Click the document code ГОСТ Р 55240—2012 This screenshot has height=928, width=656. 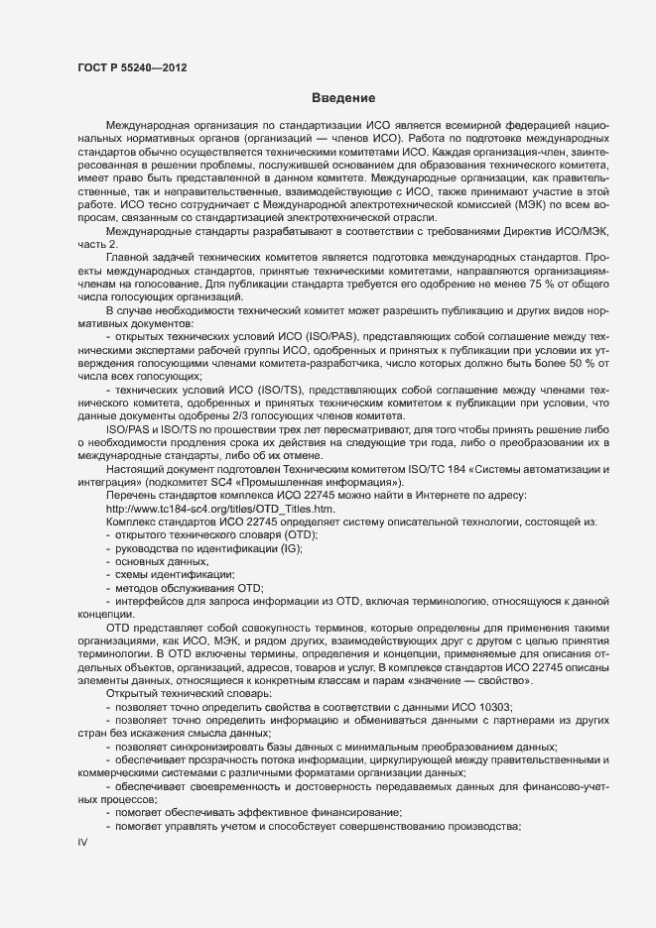coord(132,68)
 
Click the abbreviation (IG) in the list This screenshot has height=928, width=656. coord(290,547)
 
